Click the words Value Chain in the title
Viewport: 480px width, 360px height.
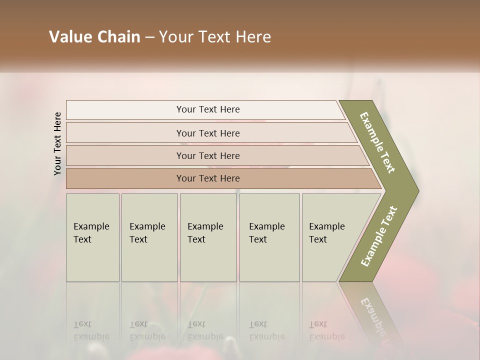pyautogui.click(x=94, y=37)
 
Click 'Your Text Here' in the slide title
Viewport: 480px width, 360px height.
pyautogui.click(x=215, y=37)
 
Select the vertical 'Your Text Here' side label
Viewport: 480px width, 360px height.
pyautogui.click(x=57, y=143)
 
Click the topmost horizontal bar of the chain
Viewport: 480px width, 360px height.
pyautogui.click(x=208, y=109)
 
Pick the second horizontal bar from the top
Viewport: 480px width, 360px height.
pyautogui.click(x=208, y=133)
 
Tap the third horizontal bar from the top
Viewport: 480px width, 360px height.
pyautogui.click(x=208, y=155)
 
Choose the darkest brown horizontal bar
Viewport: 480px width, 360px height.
pyautogui.click(x=208, y=178)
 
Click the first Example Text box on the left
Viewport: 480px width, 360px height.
pyautogui.click(x=92, y=237)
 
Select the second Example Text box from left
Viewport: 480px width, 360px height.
pyautogui.click(x=149, y=237)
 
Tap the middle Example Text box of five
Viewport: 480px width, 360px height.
pyautogui.click(x=208, y=237)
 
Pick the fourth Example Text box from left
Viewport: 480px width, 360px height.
pyautogui.click(x=269, y=237)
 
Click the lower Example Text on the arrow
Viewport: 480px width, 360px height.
pyautogui.click(x=379, y=236)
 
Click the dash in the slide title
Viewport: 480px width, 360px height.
pyautogui.click(x=149, y=37)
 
